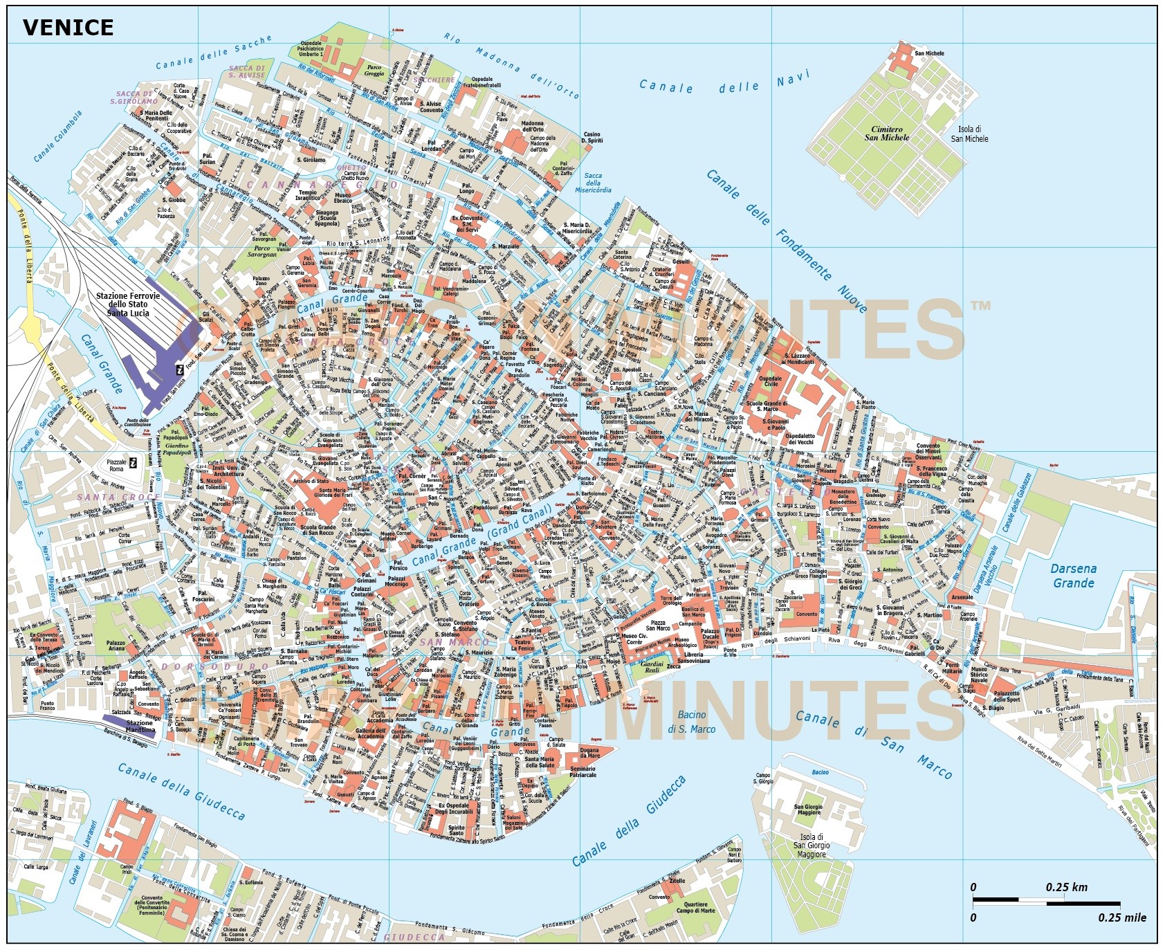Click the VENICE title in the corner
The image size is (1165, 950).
coord(68,28)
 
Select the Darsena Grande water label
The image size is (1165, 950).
coord(1073,576)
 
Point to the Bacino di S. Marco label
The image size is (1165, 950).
coord(691,722)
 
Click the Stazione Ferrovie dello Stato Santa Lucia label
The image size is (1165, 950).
coord(127,304)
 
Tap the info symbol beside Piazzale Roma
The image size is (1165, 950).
coord(134,463)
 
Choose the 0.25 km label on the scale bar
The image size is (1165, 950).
coord(1066,887)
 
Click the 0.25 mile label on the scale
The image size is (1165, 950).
coord(1121,917)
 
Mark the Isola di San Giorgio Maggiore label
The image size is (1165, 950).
coord(811,846)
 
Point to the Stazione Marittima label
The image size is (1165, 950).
coord(140,726)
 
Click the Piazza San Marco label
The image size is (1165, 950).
coord(658,625)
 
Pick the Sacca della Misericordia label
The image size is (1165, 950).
coord(593,183)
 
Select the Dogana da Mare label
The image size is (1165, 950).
coord(589,753)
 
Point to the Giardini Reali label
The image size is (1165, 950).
coord(652,666)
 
